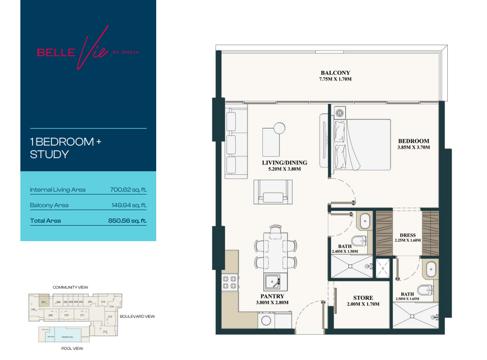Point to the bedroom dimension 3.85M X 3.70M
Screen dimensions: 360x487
pyautogui.click(x=414, y=147)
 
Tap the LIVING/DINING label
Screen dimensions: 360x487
pyautogui.click(x=285, y=163)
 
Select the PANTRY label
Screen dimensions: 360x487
pyautogui.click(x=272, y=296)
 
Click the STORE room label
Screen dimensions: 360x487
pyautogui.click(x=363, y=298)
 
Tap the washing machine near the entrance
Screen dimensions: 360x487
pyautogui.click(x=266, y=321)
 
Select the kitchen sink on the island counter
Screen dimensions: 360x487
pyautogui.click(x=272, y=281)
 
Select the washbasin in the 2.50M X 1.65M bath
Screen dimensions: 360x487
pyautogui.click(x=430, y=269)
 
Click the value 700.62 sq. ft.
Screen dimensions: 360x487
pyautogui.click(x=128, y=190)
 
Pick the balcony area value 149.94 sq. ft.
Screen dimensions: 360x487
pyautogui.click(x=129, y=205)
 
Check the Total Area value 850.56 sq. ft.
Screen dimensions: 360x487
pyautogui.click(x=127, y=221)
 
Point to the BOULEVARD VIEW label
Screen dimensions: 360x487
pyautogui.click(x=138, y=316)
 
